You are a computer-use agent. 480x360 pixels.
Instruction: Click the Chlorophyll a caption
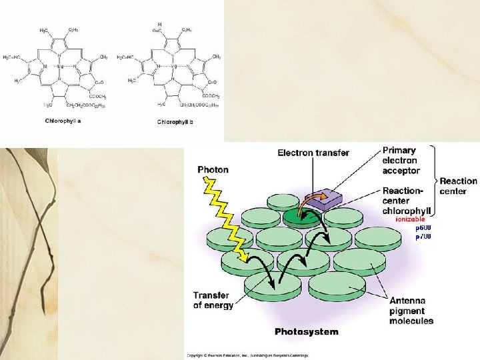(x=63, y=121)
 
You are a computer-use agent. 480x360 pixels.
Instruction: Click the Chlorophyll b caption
(x=175, y=122)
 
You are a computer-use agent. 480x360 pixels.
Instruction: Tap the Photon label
(x=213, y=169)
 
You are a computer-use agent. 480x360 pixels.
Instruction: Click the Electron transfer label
(x=313, y=153)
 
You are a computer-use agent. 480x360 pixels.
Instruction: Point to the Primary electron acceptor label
(x=401, y=160)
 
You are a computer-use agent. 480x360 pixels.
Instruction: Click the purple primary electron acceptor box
(x=322, y=199)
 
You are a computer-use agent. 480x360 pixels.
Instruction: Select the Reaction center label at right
(x=459, y=186)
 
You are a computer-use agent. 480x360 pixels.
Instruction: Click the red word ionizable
(x=413, y=219)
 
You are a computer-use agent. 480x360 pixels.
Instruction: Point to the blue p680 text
(x=423, y=228)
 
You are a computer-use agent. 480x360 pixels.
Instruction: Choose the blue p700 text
(x=423, y=237)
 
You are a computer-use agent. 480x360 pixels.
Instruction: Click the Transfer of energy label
(x=213, y=300)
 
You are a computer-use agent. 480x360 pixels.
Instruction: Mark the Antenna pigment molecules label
(x=411, y=311)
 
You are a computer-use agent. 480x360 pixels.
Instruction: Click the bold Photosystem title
(x=307, y=331)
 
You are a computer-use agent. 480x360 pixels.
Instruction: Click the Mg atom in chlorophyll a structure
(x=59, y=67)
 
